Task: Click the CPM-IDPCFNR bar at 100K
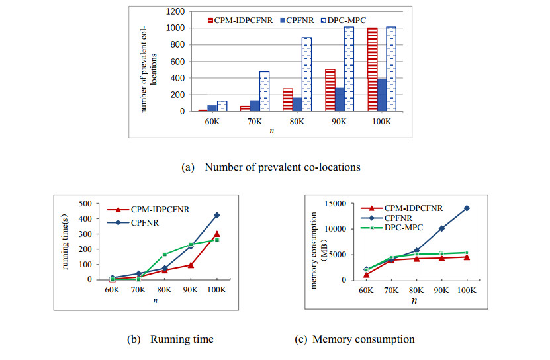click(x=372, y=69)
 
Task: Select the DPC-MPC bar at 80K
click(x=306, y=74)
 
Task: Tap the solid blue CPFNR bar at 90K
click(x=340, y=99)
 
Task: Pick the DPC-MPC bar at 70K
click(x=264, y=91)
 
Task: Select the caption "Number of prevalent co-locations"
click(x=283, y=167)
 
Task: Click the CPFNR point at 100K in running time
click(x=216, y=215)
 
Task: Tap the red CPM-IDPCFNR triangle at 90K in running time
click(x=190, y=265)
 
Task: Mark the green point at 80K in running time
click(x=164, y=254)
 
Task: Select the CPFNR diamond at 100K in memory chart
click(x=466, y=208)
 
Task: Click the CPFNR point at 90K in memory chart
click(x=441, y=228)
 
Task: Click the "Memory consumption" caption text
click(x=364, y=339)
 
